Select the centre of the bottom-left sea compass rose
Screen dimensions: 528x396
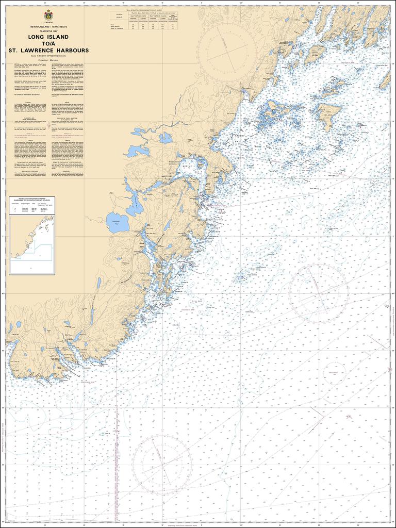pyautogui.click(x=161, y=465)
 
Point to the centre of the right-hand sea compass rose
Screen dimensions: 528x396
pyautogui.click(x=319, y=293)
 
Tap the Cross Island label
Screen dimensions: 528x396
pyautogui.click(x=318, y=53)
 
